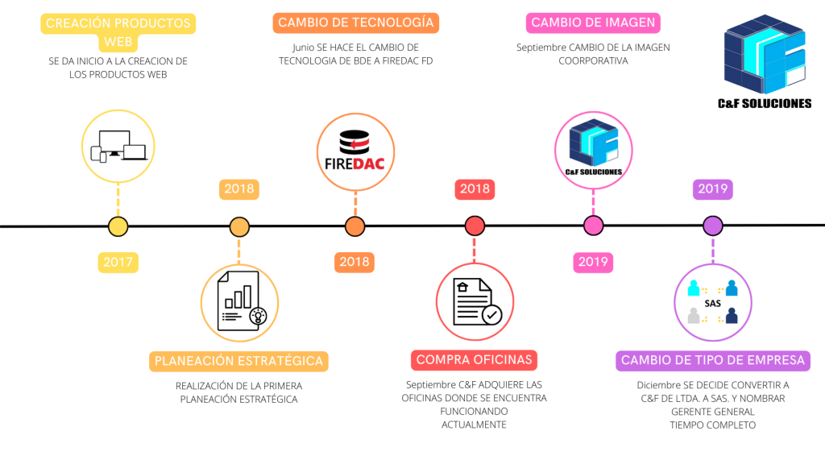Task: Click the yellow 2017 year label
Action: coord(118,262)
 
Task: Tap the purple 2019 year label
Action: coord(712,190)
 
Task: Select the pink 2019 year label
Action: coord(593,262)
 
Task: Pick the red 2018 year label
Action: coord(475,190)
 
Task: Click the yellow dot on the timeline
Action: coord(118,226)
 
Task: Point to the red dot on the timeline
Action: coord(475,226)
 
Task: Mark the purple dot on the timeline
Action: coord(712,226)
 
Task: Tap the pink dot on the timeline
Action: coord(593,226)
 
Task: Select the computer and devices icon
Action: coord(118,144)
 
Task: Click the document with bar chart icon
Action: coord(239,302)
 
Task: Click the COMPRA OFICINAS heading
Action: coord(475,360)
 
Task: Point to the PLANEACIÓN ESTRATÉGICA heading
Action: coord(238,361)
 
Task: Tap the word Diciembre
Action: coord(662,384)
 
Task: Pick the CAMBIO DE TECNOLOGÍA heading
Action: coord(355,23)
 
